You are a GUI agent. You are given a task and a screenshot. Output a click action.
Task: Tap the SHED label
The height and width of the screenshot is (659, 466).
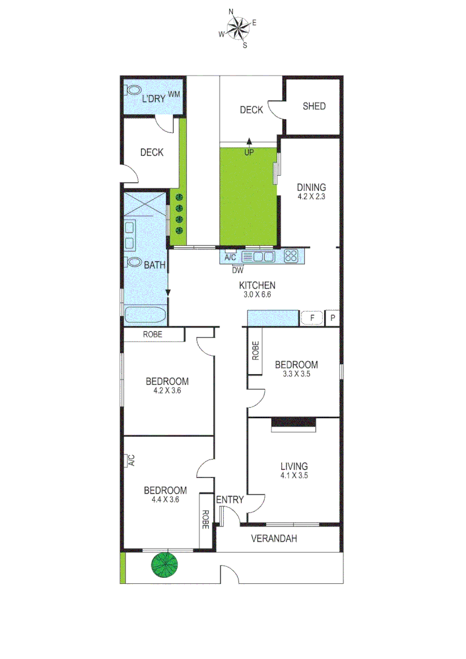tap(314, 106)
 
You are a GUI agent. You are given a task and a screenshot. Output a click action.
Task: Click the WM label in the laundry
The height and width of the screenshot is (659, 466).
tap(174, 94)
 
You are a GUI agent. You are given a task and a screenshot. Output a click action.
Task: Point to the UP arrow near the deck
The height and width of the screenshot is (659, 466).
tap(249, 144)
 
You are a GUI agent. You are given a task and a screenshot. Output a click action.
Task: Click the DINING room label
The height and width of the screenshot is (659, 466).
tap(312, 187)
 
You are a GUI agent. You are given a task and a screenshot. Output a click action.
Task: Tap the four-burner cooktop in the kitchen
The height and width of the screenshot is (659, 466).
tap(291, 256)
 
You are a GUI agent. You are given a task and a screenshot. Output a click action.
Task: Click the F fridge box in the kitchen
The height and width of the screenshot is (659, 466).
tap(312, 318)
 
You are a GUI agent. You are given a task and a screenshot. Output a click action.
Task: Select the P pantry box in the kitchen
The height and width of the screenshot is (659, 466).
tap(332, 318)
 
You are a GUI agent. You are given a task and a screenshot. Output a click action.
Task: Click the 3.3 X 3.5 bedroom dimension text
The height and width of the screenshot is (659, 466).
tap(296, 375)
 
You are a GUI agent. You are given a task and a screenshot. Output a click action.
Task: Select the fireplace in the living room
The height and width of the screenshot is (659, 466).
tap(294, 423)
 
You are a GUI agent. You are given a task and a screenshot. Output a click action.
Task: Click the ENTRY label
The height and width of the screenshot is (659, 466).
tap(230, 500)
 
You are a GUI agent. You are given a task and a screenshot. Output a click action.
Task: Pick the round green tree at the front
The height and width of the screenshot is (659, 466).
tap(166, 564)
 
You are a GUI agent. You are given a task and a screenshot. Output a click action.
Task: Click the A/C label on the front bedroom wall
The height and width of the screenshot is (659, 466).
tap(130, 460)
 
